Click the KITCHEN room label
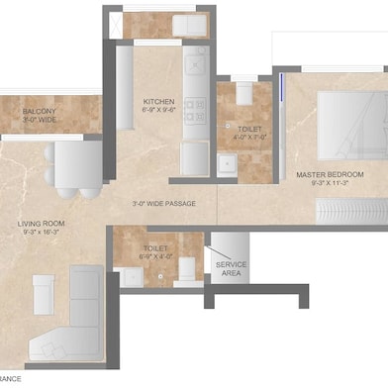tap(159, 102)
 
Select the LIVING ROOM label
tap(41, 224)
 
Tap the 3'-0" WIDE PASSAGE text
tap(163, 204)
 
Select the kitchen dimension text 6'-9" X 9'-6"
tap(159, 112)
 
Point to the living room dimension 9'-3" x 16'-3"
tap(41, 234)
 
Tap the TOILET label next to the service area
tap(155, 248)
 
